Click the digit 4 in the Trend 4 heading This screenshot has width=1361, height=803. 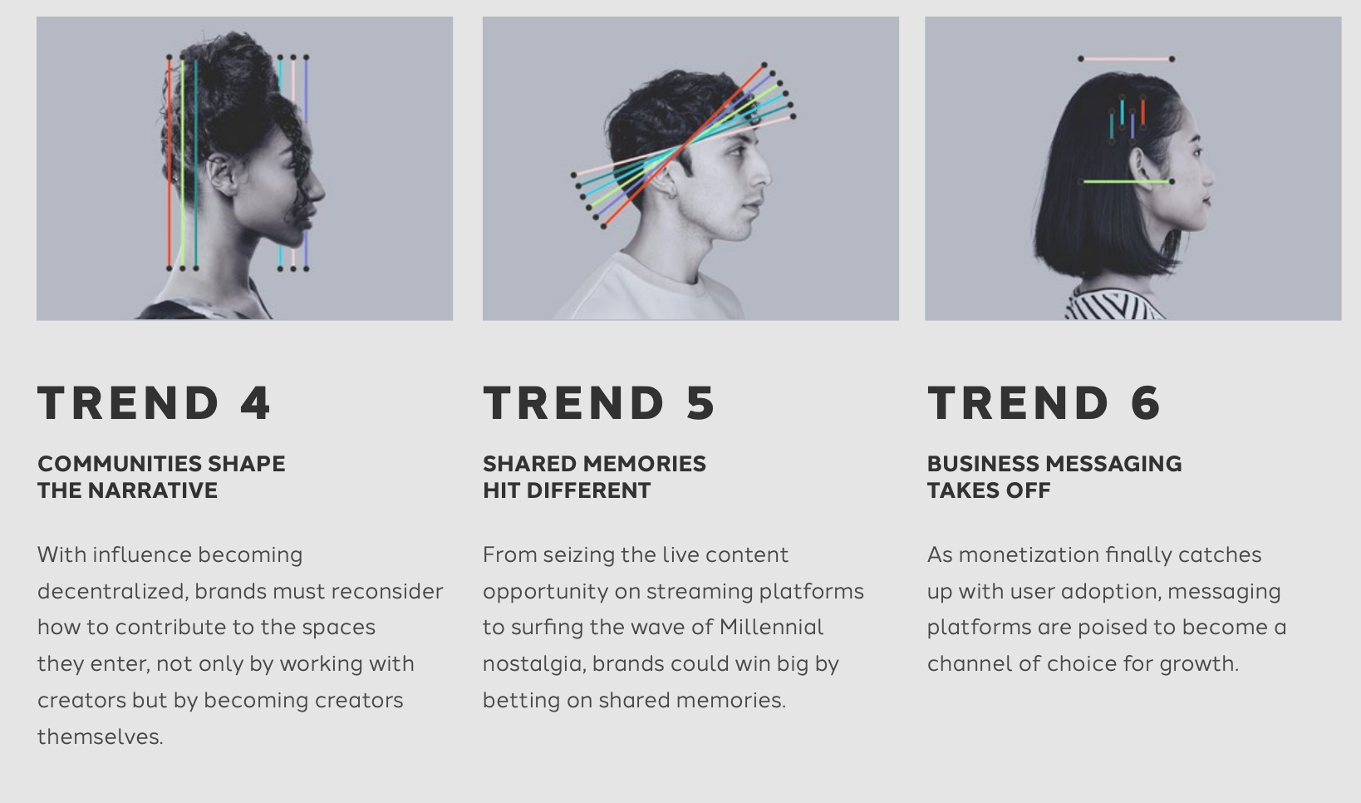point(255,402)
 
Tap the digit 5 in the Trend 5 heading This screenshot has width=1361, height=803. point(700,402)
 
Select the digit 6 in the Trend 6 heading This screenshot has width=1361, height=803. point(1146,402)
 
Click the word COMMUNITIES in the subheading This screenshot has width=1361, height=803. point(119,464)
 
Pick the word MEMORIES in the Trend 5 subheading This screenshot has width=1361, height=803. point(645,464)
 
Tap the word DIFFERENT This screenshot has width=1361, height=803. point(588,490)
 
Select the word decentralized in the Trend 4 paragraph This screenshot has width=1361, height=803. point(113,592)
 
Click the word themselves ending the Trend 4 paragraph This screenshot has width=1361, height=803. point(101,736)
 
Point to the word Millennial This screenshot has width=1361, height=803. point(771,628)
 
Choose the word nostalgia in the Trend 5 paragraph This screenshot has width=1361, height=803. point(534,664)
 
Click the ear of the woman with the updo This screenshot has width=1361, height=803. point(220,175)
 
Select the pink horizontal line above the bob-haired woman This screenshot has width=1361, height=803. point(1126,59)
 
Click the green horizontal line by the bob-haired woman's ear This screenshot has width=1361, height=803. point(1126,181)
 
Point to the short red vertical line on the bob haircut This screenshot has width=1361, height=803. point(1142,112)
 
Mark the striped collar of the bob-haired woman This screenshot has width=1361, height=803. point(1113,304)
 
